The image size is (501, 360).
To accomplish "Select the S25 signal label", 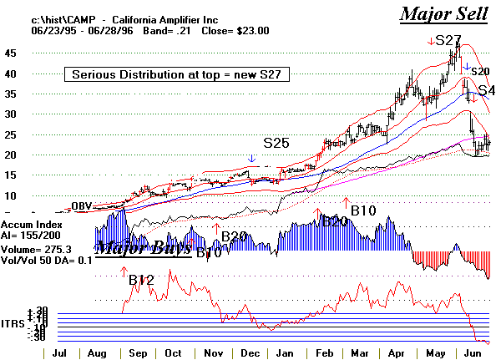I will [276, 143].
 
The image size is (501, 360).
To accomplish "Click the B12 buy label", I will [142, 280].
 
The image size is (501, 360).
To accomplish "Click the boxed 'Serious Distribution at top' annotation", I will [177, 74].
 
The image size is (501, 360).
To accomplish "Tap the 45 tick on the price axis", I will [12, 53].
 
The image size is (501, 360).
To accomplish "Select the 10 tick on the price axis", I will [12, 195].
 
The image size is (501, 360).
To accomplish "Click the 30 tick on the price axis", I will [12, 114].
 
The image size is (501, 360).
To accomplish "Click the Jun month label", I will [473, 354].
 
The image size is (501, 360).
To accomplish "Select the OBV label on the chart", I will [81, 205].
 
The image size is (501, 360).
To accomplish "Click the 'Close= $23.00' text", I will [219, 30].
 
